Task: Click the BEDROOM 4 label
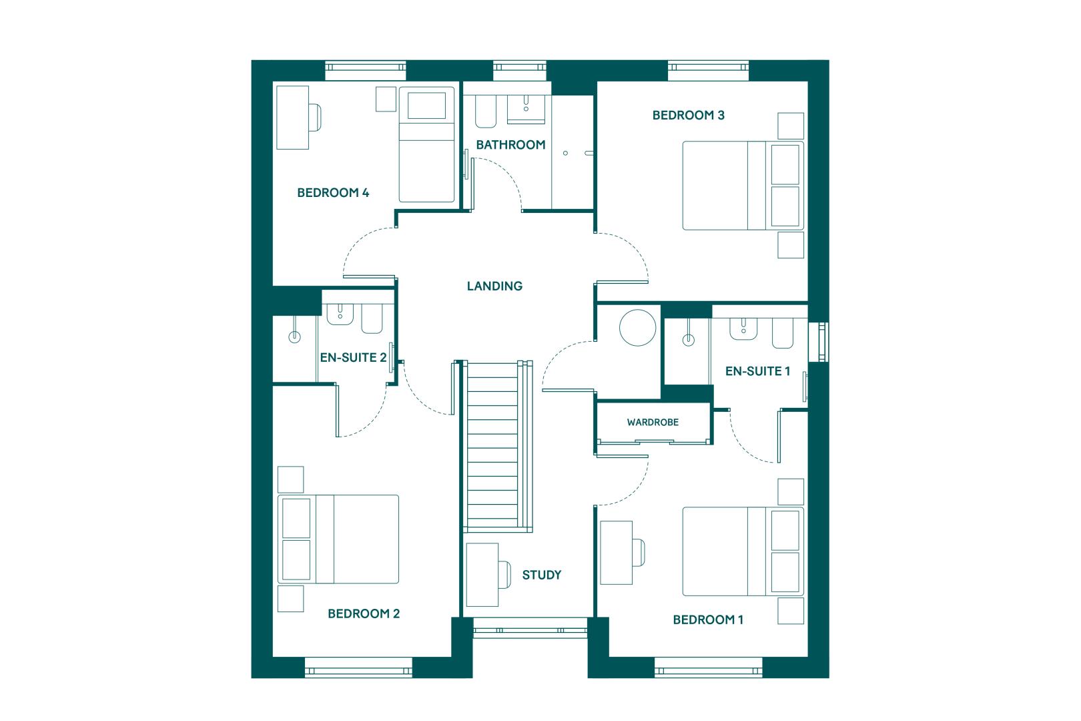pyautogui.click(x=333, y=193)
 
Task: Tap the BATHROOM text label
pyautogui.click(x=510, y=145)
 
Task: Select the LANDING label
pyautogui.click(x=494, y=286)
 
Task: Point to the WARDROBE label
pyautogui.click(x=653, y=422)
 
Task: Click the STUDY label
pyautogui.click(x=541, y=575)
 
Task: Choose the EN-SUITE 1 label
pyautogui.click(x=757, y=371)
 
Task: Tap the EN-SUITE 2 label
pyautogui.click(x=353, y=357)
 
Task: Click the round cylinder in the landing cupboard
pyautogui.click(x=637, y=328)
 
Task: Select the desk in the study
pyautogui.click(x=482, y=575)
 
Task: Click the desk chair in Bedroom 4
pyautogui.click(x=315, y=117)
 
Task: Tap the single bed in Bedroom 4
pyautogui.click(x=426, y=144)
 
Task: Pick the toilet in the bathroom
pyautogui.click(x=486, y=111)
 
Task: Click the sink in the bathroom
pyautogui.click(x=526, y=109)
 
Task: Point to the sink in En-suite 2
pyautogui.click(x=340, y=314)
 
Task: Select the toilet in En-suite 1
pyautogui.click(x=783, y=333)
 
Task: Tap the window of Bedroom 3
pyautogui.click(x=709, y=71)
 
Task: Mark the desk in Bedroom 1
pyautogui.click(x=617, y=553)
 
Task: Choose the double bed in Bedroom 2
pyautogui.click(x=338, y=539)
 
